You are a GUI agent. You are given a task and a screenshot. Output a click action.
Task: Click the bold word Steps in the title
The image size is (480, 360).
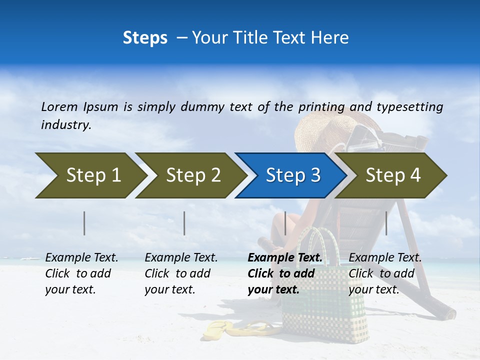pos(145,38)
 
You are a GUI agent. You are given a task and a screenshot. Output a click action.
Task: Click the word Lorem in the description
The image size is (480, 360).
pos(59,106)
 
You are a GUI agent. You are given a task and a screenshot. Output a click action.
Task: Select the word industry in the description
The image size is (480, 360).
pos(66,125)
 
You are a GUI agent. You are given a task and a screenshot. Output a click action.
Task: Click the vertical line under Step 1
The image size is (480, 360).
pos(84,223)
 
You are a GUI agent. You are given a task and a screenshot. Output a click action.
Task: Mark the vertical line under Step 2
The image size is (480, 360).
pos(184,223)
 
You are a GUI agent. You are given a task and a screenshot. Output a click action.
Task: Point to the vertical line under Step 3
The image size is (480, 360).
pos(285,223)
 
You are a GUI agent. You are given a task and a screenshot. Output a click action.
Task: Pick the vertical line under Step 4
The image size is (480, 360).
pos(386,223)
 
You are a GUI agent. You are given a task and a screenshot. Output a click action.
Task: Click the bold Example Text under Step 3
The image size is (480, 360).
pos(285,258)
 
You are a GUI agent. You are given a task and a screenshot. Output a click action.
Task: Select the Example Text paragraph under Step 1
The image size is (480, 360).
pos(81,273)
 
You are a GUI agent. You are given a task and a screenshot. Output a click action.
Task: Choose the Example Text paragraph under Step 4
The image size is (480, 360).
pos(384,273)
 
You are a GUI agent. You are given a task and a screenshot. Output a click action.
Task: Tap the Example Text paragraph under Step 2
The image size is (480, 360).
pos(181,273)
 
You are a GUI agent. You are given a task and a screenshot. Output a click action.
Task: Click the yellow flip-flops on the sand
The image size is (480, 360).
pos(240,329)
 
